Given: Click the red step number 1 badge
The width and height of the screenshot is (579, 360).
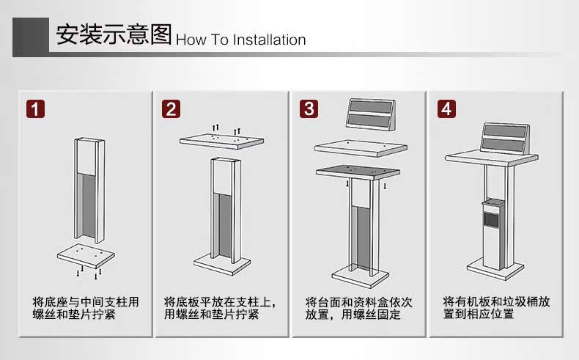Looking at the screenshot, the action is click(x=35, y=109).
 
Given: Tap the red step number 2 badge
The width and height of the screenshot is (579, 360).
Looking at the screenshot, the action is click(x=172, y=109).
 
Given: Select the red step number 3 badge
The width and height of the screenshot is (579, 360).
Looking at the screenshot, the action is click(x=309, y=109).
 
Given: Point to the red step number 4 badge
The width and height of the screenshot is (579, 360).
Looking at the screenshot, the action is click(x=446, y=109).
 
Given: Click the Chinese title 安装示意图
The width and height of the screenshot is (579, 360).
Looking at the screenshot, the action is click(x=114, y=34).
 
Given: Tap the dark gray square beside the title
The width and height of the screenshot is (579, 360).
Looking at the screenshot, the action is click(x=31, y=36).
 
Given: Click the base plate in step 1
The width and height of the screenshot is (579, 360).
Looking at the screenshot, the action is click(x=86, y=255).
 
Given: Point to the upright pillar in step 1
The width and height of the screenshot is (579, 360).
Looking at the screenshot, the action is click(x=89, y=190).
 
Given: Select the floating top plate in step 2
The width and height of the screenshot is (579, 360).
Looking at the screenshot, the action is click(x=222, y=141).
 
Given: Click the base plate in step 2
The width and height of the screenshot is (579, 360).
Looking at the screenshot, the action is click(x=222, y=265).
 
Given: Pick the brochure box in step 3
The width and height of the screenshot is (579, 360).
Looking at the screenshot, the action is click(x=371, y=114).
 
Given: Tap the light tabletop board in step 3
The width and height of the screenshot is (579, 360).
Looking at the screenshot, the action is click(x=361, y=148).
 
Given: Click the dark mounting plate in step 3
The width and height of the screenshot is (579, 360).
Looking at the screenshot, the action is click(x=358, y=172).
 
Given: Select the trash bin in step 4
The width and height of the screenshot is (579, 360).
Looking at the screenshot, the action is click(x=494, y=234).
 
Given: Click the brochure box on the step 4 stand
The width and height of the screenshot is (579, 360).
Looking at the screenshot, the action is click(x=505, y=139).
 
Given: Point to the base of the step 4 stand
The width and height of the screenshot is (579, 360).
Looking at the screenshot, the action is click(x=495, y=269).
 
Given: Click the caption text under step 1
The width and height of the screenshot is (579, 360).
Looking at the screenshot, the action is click(x=86, y=308).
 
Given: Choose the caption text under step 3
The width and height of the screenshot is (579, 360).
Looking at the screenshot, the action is click(x=358, y=308).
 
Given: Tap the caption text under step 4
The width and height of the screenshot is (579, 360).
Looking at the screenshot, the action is click(x=497, y=307).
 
